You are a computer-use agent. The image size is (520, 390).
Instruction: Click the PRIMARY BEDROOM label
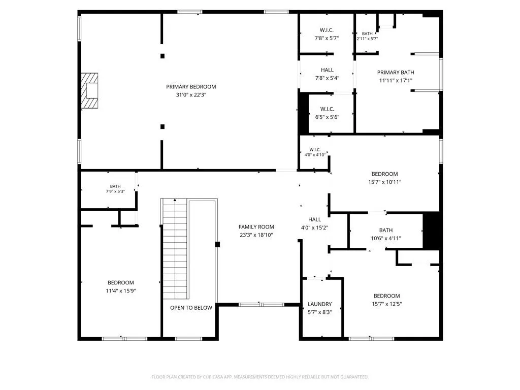click(x=191, y=87)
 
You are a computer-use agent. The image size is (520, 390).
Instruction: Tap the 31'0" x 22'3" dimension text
click(x=191, y=95)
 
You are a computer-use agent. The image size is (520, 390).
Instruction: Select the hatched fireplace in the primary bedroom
click(x=89, y=90)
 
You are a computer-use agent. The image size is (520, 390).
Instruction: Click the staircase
click(x=175, y=249)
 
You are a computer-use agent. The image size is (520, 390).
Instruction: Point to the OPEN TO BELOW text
click(x=191, y=308)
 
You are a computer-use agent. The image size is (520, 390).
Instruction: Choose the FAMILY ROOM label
click(x=256, y=227)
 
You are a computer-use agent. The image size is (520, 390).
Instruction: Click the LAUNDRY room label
click(x=320, y=304)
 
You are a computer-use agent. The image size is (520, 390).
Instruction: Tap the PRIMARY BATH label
click(x=396, y=72)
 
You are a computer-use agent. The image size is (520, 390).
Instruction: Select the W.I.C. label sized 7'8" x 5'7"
click(x=327, y=30)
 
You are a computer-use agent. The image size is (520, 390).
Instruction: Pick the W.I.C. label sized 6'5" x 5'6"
click(x=328, y=109)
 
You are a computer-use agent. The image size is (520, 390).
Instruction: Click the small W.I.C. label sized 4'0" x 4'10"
click(x=315, y=150)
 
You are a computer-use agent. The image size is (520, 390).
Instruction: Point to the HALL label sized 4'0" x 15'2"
click(x=314, y=219)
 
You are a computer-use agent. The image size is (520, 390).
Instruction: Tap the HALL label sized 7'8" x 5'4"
click(x=327, y=70)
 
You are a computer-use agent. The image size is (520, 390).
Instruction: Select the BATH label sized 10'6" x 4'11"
click(x=386, y=230)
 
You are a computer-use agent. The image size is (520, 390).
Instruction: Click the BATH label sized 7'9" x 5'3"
click(x=115, y=186)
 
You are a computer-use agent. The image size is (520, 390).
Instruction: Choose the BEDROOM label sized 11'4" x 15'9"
click(x=121, y=282)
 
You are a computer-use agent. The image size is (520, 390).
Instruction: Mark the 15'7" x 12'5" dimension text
click(x=386, y=304)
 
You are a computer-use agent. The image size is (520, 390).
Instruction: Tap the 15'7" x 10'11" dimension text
click(x=385, y=182)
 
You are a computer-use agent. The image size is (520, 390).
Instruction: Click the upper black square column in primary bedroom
click(x=162, y=56)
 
